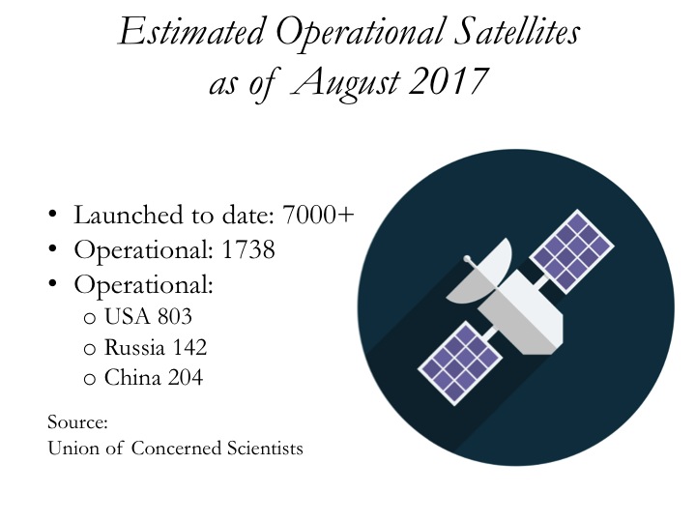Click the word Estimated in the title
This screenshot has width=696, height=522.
tap(191, 32)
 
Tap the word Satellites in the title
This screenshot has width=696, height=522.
tap(517, 32)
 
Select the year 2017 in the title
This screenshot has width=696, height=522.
tap(449, 81)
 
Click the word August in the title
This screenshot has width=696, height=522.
tap(346, 84)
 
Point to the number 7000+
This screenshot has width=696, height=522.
tap(318, 215)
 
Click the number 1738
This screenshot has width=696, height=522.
tap(248, 249)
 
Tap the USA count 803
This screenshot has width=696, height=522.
tap(174, 316)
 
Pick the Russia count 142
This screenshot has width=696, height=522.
tap(189, 347)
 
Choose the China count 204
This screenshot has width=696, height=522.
tap(186, 378)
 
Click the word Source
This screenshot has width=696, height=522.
tap(77, 422)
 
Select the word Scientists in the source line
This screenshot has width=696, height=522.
tap(265, 448)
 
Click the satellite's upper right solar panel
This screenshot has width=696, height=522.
tap(571, 251)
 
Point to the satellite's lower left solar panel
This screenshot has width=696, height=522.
tap(460, 363)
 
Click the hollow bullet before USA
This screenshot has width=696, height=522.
tap(90, 318)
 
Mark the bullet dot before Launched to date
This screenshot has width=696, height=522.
tap(53, 214)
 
